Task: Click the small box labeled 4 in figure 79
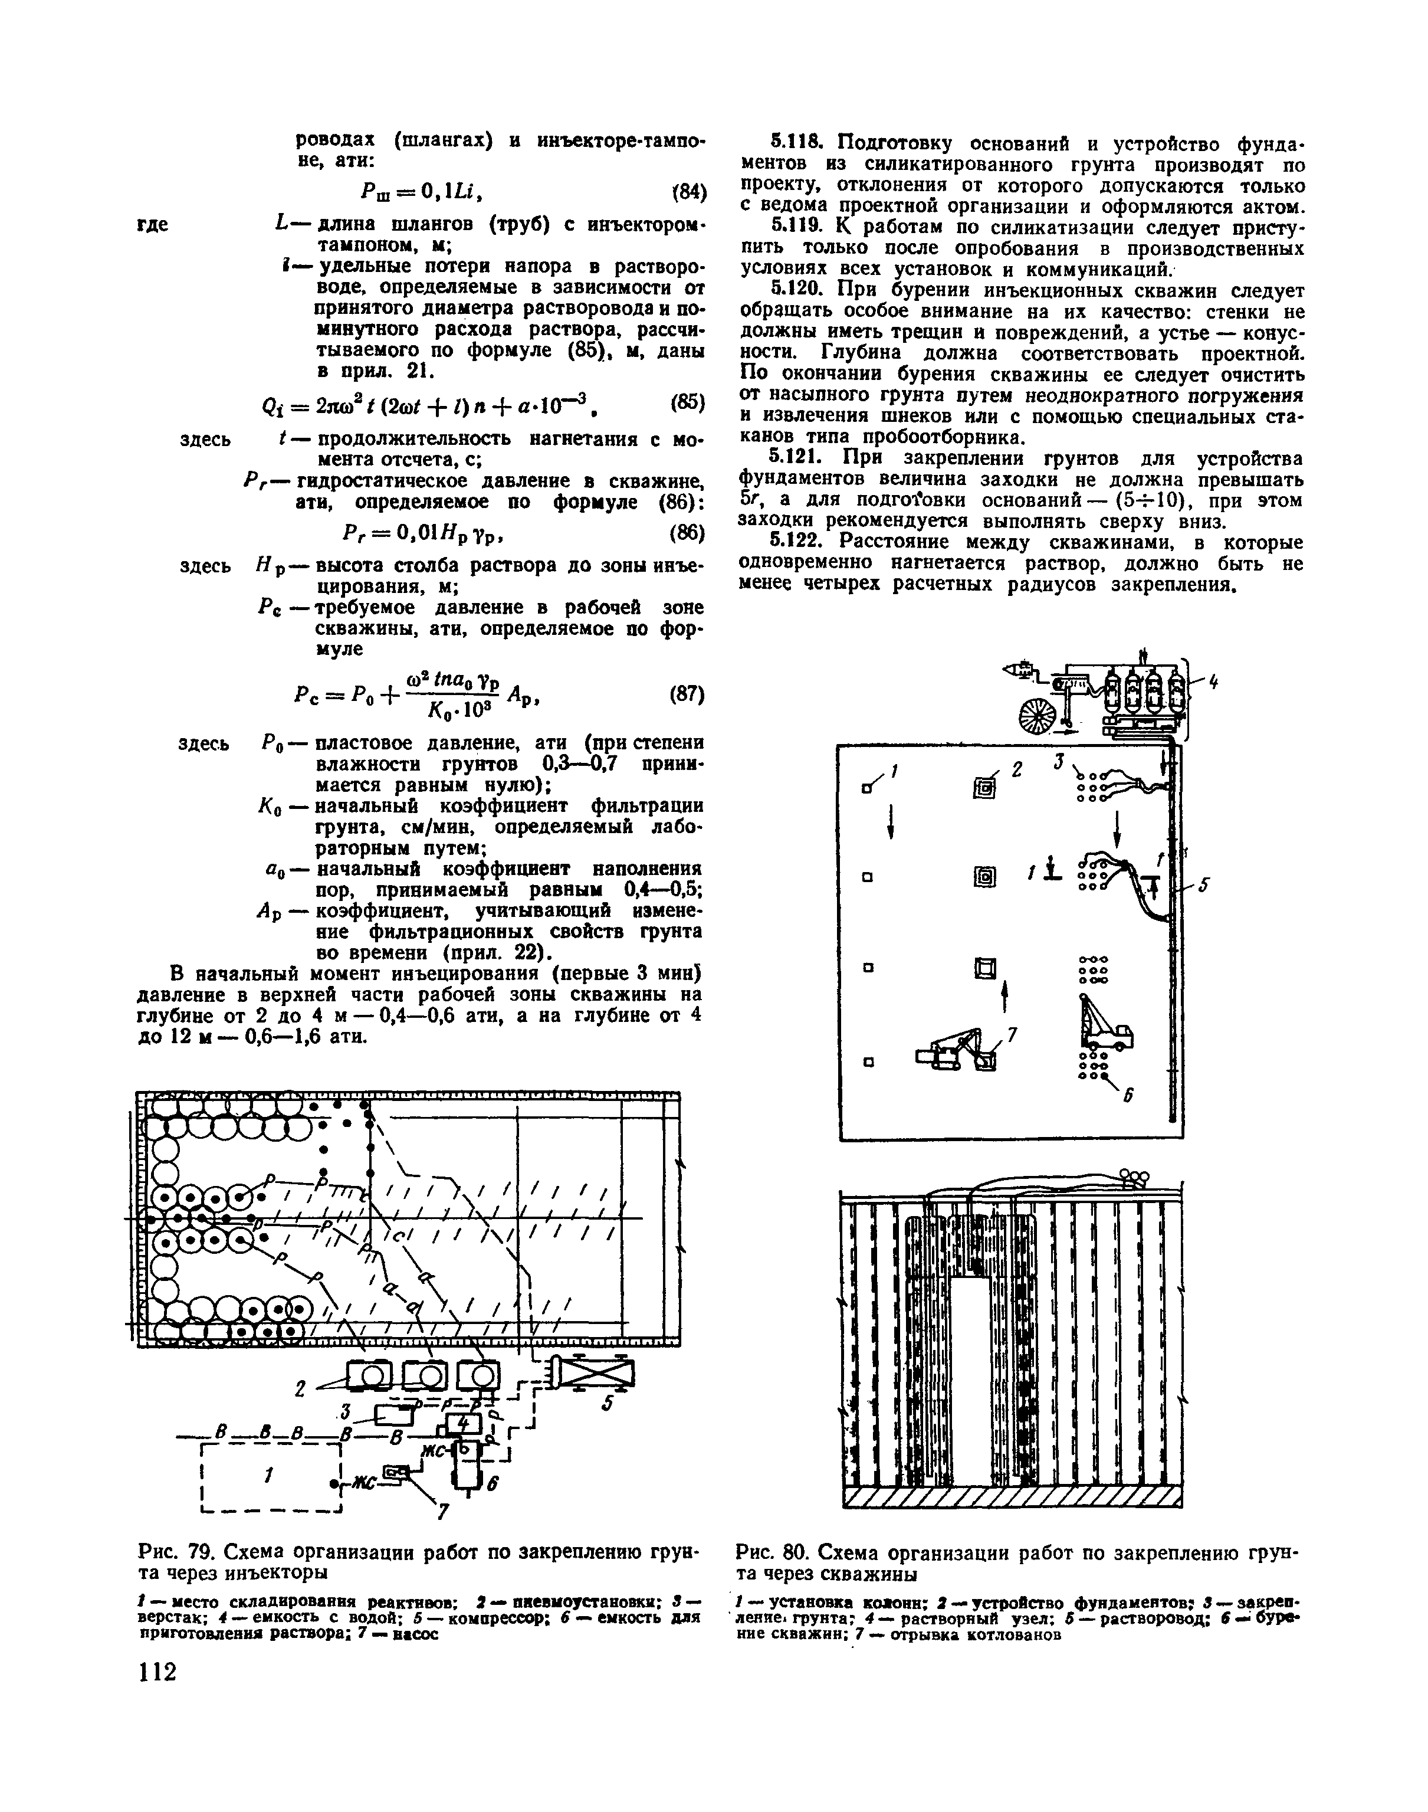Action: pos(464,1423)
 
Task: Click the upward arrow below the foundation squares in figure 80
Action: pos(1004,995)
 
